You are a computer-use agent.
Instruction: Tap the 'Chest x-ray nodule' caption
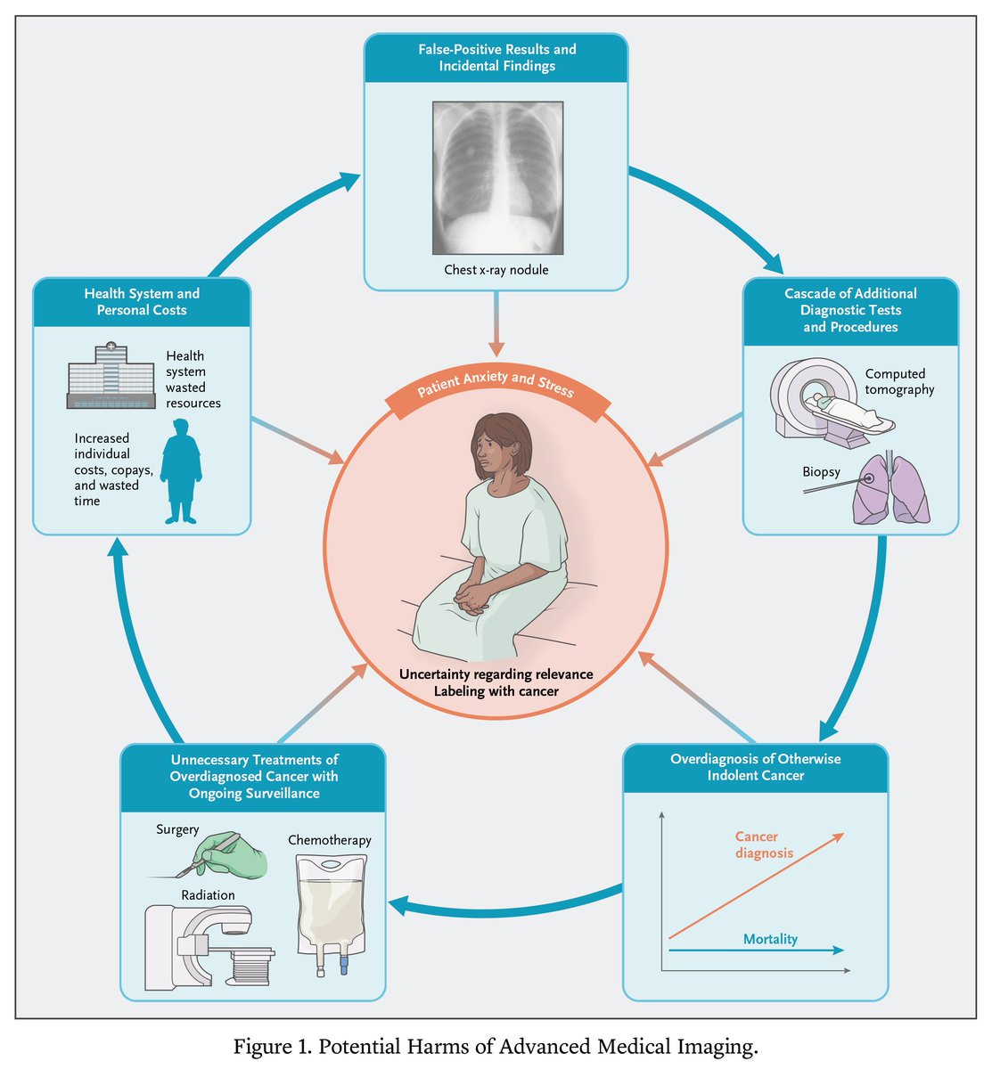[x=496, y=269]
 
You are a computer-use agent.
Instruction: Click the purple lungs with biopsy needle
[x=891, y=490]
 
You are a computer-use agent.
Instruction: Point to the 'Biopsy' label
[x=821, y=471]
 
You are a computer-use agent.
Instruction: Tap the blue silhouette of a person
[x=181, y=472]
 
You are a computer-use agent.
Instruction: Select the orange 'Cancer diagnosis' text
[x=763, y=845]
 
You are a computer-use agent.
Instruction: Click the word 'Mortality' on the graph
[x=770, y=939]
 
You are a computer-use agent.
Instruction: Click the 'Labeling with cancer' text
[x=496, y=690]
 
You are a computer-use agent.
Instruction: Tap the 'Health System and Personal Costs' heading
[x=142, y=302]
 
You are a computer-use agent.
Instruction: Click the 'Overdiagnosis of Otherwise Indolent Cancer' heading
[x=755, y=767]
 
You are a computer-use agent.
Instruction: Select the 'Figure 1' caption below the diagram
[x=496, y=1046]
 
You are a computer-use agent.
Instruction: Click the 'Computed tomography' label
[x=899, y=381]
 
